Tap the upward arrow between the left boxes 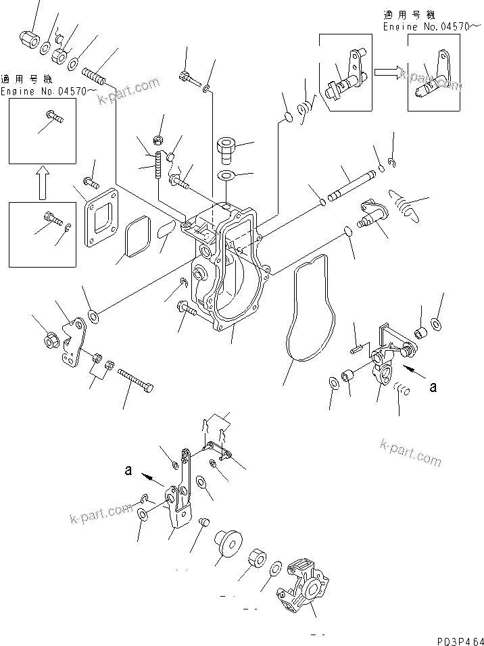pyautogui.click(x=40, y=184)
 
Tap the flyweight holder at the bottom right pyautogui.click(x=304, y=587)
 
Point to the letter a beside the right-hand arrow pyautogui.click(x=433, y=387)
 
